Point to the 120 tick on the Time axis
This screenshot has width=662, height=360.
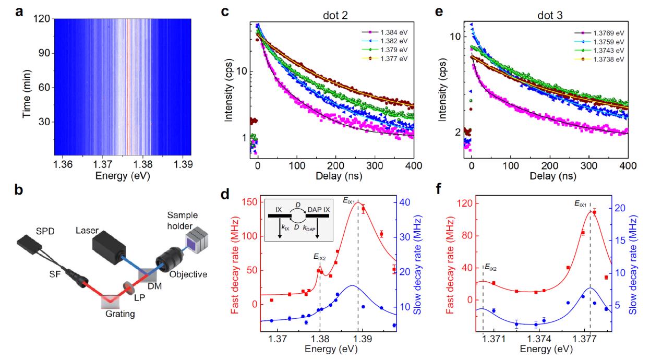coord(43,19)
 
